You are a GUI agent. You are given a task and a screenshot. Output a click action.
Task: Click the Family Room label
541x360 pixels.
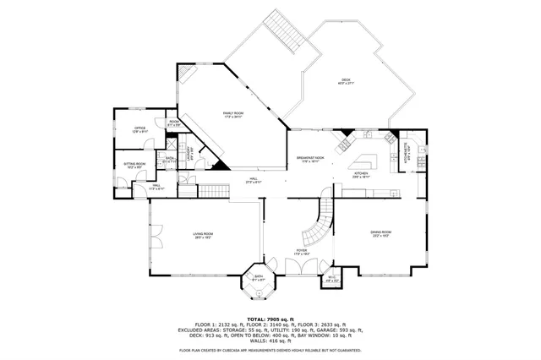click(232, 116)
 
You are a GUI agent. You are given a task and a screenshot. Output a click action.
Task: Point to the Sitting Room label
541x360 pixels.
click(135, 166)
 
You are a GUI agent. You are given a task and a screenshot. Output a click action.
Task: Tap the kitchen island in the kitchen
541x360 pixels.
click(364, 161)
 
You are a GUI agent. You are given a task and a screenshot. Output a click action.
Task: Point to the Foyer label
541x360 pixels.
click(301, 253)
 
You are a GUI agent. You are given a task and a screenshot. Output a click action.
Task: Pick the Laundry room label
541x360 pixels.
click(174, 123)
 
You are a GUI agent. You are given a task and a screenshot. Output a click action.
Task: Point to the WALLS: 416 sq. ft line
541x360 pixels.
click(270, 339)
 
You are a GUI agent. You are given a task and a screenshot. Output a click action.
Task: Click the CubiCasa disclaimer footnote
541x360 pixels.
click(270, 349)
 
